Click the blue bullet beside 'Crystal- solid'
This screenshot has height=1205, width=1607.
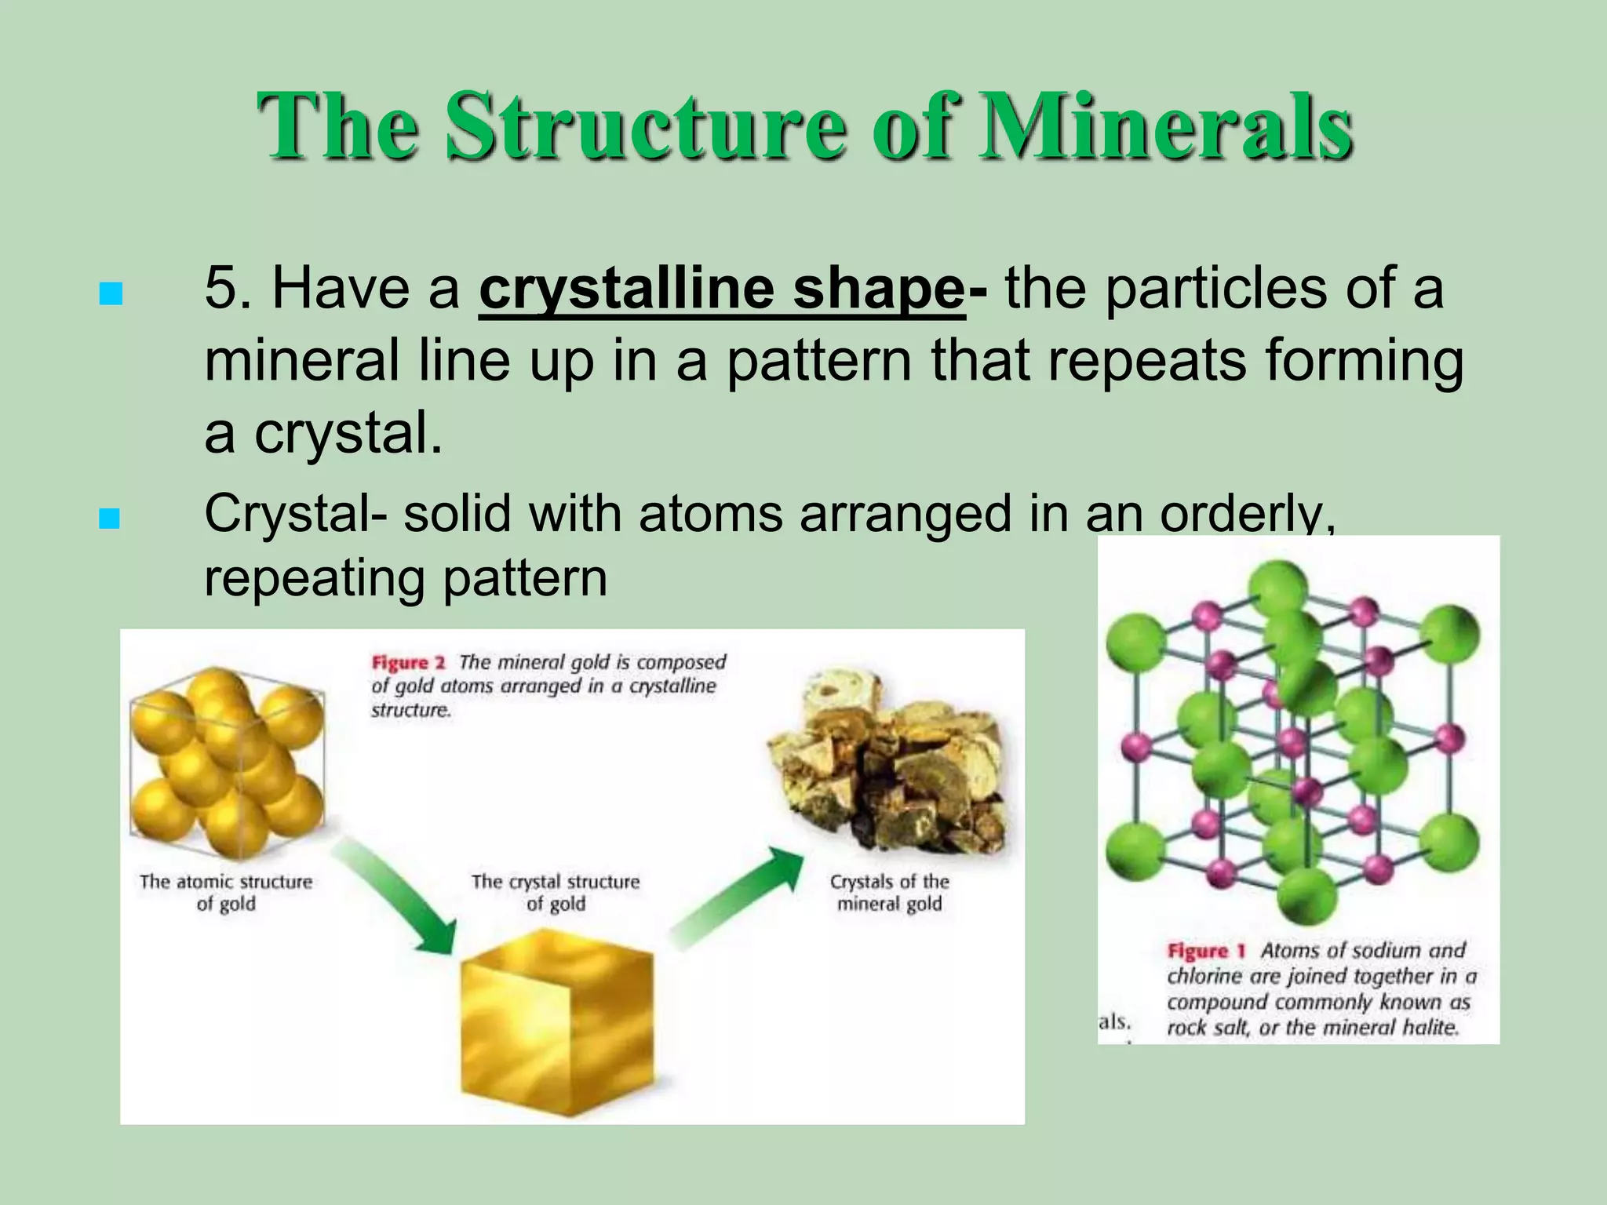coord(111,519)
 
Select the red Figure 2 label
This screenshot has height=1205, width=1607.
coord(408,663)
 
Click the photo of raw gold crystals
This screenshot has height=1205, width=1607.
coord(887,765)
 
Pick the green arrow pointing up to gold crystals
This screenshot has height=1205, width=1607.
coord(738,898)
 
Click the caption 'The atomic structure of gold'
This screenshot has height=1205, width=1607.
coord(226,893)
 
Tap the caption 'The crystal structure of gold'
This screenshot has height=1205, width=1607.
coord(556,893)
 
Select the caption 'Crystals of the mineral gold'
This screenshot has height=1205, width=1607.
coord(889,893)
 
